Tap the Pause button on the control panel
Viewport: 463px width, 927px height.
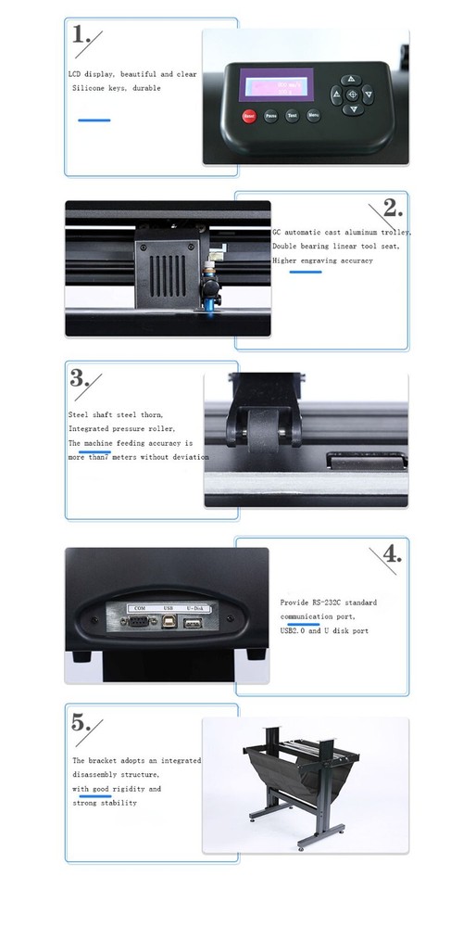(x=270, y=117)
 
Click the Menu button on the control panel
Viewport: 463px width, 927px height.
(x=313, y=117)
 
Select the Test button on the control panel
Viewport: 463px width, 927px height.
(x=292, y=117)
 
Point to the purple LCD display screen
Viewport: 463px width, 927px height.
(x=274, y=84)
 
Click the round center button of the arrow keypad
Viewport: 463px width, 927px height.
(x=351, y=95)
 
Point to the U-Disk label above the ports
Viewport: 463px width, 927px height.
(x=194, y=608)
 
